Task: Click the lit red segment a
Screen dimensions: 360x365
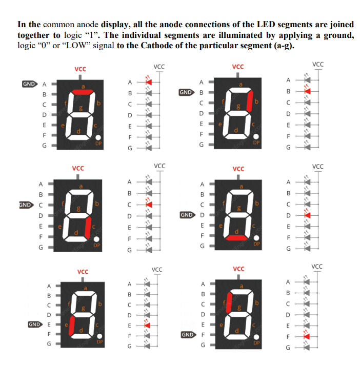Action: click(x=82, y=92)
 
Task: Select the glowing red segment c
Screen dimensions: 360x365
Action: click(x=88, y=227)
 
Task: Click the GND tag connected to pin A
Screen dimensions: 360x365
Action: click(x=29, y=84)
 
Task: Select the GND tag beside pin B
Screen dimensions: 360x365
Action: click(x=186, y=93)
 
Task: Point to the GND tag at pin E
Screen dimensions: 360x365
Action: click(x=34, y=325)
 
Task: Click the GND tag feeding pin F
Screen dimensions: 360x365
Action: click(x=188, y=335)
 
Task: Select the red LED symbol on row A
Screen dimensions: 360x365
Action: click(x=149, y=82)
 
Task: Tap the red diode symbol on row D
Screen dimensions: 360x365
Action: click(x=307, y=215)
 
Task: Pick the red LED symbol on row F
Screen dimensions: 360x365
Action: click(x=307, y=336)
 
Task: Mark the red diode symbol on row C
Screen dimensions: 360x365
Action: click(x=149, y=204)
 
